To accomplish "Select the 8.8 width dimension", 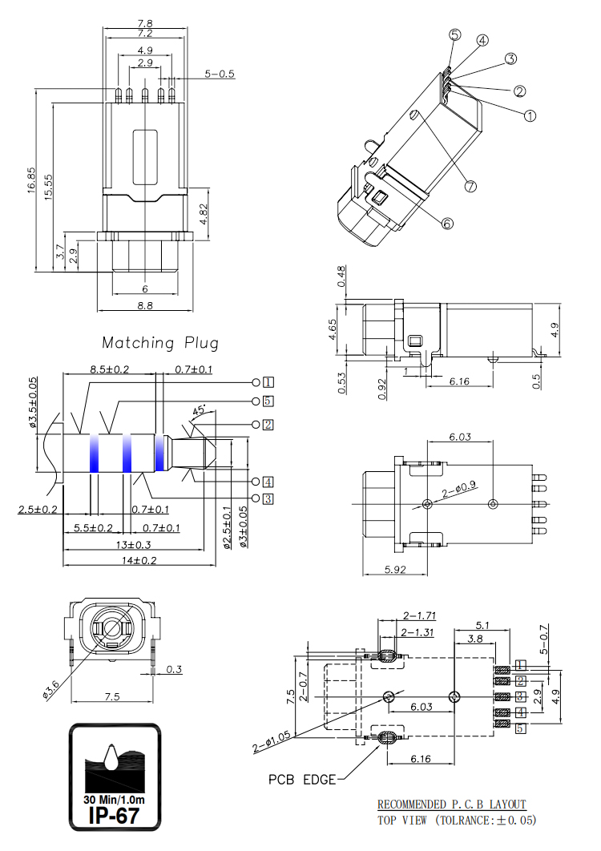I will pyautogui.click(x=145, y=305).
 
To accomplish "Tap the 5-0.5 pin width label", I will pyautogui.click(x=219, y=75).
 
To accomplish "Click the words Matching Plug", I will pyautogui.click(x=160, y=343).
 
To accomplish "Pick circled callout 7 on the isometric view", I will pyautogui.click(x=470, y=186).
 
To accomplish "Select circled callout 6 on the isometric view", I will pyautogui.click(x=447, y=223).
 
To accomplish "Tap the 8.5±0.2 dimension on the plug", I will pyautogui.click(x=110, y=369).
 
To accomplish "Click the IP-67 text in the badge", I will pyautogui.click(x=115, y=816).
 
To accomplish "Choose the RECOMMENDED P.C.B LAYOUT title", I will pyautogui.click(x=452, y=805).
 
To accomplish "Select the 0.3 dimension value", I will pyautogui.click(x=173, y=668).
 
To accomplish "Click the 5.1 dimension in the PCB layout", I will pyautogui.click(x=483, y=625).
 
